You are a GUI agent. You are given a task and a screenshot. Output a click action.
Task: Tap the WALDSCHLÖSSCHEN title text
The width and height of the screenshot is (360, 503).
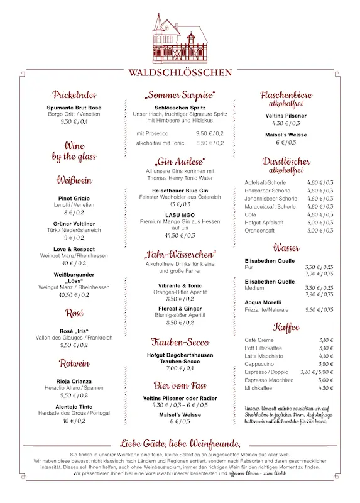click(x=180, y=72)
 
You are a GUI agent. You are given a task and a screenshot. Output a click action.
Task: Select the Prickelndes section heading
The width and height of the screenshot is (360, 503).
click(x=74, y=95)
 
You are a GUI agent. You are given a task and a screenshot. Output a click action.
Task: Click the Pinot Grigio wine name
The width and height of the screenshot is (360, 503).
click(x=74, y=199)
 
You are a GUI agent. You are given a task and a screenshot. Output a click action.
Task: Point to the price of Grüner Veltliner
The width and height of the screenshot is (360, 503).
click(x=74, y=238)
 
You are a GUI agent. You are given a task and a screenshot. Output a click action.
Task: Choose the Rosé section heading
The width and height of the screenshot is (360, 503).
click(x=74, y=312)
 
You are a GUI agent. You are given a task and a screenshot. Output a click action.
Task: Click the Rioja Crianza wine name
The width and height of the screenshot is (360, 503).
click(x=74, y=381)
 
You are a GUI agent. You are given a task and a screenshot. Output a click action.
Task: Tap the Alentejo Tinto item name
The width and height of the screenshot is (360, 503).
click(x=74, y=407)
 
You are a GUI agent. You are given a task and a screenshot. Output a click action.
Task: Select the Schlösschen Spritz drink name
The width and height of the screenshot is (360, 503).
click(x=180, y=108)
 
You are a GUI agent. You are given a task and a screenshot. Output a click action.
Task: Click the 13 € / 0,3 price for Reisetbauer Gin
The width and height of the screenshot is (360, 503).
click(x=180, y=204)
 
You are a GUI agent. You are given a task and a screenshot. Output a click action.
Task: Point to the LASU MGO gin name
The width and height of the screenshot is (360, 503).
click(x=180, y=215)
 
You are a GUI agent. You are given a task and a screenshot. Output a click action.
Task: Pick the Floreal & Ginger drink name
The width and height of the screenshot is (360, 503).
click(x=180, y=309)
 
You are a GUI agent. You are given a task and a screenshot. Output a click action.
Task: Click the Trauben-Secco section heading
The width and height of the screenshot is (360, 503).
click(x=180, y=342)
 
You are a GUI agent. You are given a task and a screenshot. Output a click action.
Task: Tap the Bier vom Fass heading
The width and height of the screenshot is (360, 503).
click(x=180, y=385)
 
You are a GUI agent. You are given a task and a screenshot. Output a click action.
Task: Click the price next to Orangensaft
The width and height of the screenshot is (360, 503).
click(x=320, y=231)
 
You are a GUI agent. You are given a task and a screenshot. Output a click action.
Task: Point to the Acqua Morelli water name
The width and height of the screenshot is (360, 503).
click(x=263, y=302)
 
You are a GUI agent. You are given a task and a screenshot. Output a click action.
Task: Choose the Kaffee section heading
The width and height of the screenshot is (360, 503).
click(x=286, y=327)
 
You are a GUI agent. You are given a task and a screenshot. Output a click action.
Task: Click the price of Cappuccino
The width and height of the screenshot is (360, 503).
click(x=325, y=364)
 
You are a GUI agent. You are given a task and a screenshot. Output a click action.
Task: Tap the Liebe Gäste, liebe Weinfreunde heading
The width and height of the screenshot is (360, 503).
click(x=180, y=443)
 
